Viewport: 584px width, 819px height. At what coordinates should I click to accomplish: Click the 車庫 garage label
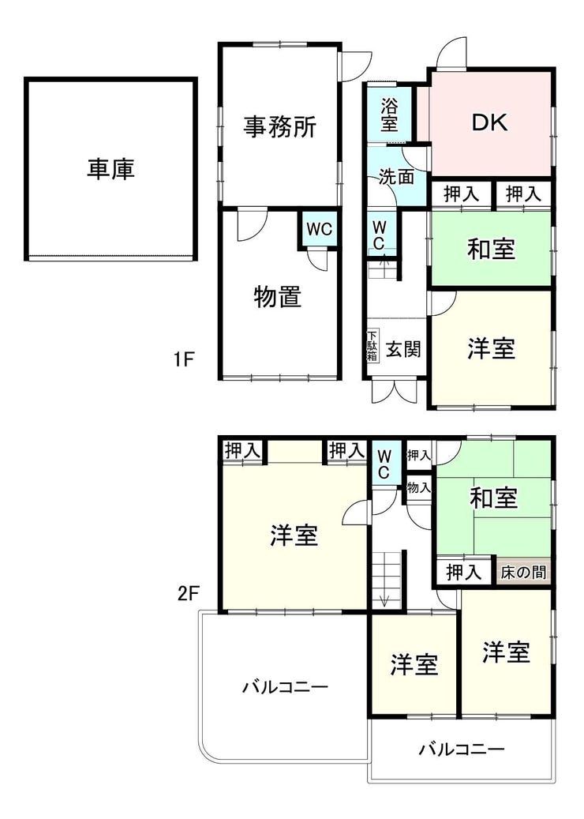tap(110, 169)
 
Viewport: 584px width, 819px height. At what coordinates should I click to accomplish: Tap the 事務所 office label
tap(280, 126)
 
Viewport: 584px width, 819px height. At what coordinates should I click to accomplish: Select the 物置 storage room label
tap(278, 297)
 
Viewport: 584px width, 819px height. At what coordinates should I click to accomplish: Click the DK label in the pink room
tap(489, 122)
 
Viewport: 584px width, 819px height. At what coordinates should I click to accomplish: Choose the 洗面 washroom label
tap(396, 177)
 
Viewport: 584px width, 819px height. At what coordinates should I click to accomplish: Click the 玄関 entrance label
tap(403, 348)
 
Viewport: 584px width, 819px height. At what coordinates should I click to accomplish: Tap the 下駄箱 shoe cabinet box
tap(372, 346)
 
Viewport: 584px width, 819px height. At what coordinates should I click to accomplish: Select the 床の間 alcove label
tap(523, 573)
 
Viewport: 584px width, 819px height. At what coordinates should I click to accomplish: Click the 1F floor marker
tap(184, 359)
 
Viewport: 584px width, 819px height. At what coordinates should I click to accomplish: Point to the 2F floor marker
tap(189, 593)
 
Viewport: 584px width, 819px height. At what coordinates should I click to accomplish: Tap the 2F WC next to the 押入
tap(384, 464)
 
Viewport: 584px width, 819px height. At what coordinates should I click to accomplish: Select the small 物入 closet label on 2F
tap(419, 488)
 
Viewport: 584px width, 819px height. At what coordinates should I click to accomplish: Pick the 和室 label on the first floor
tap(491, 249)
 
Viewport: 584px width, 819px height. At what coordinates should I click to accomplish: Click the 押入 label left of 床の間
tap(464, 573)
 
